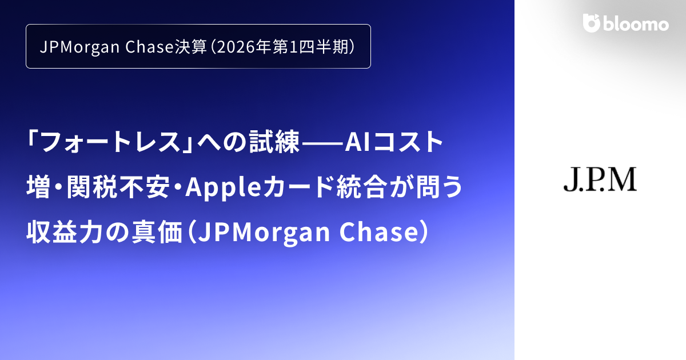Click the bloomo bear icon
[x=591, y=23]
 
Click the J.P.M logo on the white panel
[x=600, y=179]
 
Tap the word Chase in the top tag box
[x=147, y=47]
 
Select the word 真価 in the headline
[x=158, y=232]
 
